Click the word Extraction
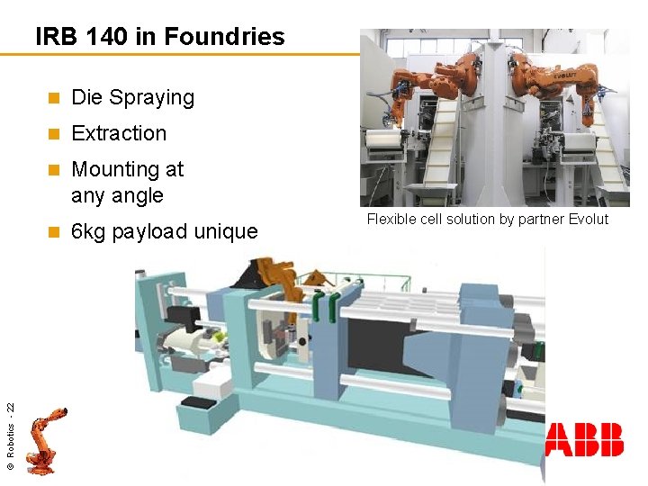(119, 133)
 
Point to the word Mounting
(115, 169)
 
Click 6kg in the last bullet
(88, 231)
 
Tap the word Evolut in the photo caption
(588, 220)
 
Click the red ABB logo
(584, 439)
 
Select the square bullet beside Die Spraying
(53, 98)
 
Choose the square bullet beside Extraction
(53, 134)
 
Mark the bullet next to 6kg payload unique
(53, 232)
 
